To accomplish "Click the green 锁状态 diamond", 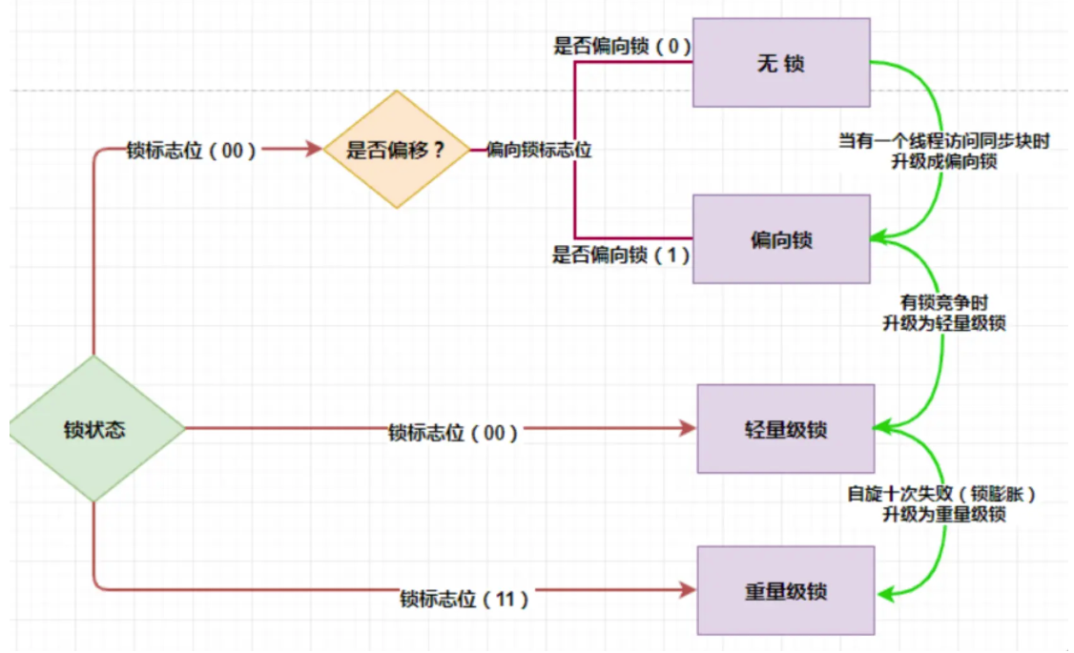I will click(x=95, y=429).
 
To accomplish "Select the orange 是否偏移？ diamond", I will click(x=395, y=150).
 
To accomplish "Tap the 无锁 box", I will click(x=781, y=64).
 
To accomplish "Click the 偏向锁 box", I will click(x=781, y=239).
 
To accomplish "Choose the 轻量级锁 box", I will click(x=786, y=429).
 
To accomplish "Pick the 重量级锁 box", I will click(x=786, y=591).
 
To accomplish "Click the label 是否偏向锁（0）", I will click(x=622, y=45).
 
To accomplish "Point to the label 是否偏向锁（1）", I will click(x=622, y=255).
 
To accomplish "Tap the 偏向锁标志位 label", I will click(x=539, y=150).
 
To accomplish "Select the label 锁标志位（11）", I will click(x=464, y=600).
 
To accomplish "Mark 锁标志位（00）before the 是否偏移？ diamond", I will click(x=192, y=151).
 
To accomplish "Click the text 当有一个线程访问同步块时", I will click(x=944, y=141).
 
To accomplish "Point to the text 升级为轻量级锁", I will click(x=944, y=324).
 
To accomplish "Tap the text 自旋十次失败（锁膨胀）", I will click(x=943, y=495).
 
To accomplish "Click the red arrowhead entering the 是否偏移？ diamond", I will click(x=314, y=150).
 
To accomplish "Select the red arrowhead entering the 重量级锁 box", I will click(x=689, y=589).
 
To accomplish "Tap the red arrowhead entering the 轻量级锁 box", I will click(x=689, y=429).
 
